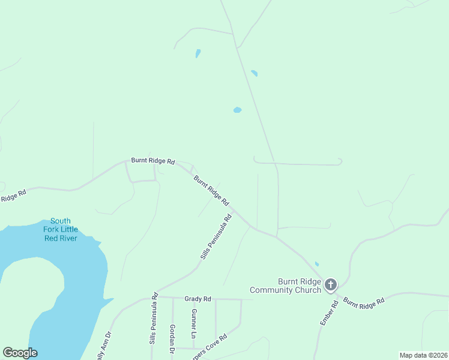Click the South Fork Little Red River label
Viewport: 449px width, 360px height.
pos(61,229)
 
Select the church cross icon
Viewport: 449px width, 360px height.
pos(331,285)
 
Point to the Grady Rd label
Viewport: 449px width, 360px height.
pos(197,299)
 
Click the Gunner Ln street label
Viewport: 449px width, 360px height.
pos(194,322)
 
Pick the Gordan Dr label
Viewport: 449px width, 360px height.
pos(172,339)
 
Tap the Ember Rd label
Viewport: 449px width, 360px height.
pos(327,313)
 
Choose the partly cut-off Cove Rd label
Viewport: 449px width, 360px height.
pos(209,347)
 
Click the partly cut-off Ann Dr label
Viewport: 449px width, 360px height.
pos(103,347)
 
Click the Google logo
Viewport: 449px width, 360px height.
pos(20,353)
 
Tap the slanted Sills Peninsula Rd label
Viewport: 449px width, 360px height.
pos(215,237)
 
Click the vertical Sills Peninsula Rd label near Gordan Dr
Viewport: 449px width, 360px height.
pos(153,319)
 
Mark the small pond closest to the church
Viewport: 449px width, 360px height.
pos(317,264)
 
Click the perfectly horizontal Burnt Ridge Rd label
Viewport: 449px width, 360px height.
pos(153,161)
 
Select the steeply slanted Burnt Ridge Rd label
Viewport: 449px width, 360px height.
pos(211,191)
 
